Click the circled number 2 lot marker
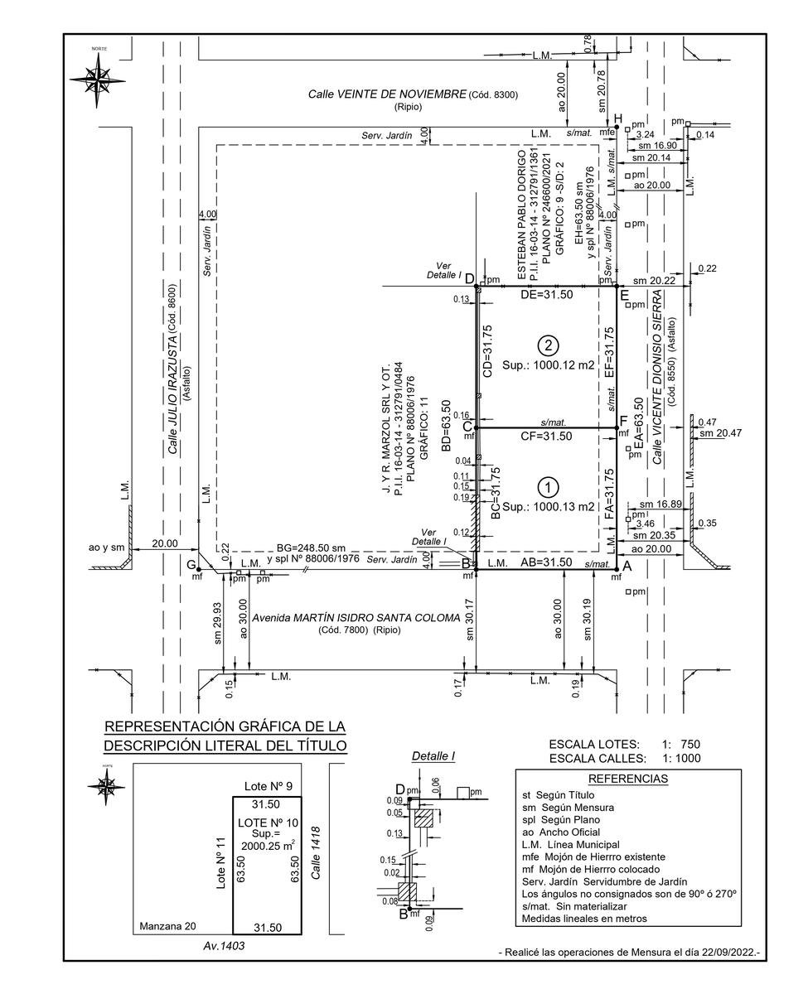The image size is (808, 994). [546, 345]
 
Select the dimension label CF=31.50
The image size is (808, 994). [545, 437]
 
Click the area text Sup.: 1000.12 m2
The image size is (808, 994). [549, 364]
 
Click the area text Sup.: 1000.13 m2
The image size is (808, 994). [549, 507]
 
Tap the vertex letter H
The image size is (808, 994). [617, 117]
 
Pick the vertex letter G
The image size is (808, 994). [191, 564]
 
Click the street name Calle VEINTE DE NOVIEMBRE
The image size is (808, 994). [387, 94]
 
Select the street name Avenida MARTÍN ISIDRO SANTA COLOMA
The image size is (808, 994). [356, 618]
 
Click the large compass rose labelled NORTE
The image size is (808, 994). [99, 80]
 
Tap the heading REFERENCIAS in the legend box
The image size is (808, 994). [627, 779]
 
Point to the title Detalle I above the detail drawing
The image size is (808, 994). [433, 756]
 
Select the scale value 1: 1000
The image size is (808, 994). [680, 758]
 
